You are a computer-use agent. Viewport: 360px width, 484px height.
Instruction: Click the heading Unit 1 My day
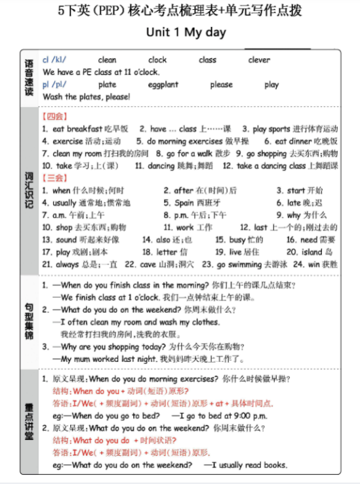pos(186,32)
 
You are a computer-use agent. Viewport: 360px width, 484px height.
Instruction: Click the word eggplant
pos(163,85)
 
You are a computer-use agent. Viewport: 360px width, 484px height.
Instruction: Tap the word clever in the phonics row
pos(259,60)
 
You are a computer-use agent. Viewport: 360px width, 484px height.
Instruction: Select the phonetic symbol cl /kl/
pos(54,60)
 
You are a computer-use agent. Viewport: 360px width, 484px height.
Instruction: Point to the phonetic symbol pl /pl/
pos(54,85)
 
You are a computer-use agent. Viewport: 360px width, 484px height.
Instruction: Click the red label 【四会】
pos(54,116)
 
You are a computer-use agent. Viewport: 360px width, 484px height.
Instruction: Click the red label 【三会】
pos(54,178)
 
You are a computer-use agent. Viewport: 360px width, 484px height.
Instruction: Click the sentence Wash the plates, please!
pos(87,97)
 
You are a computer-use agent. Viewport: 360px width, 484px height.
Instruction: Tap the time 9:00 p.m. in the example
pos(245,415)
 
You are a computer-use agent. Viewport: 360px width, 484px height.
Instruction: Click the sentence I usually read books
pos(250,465)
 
